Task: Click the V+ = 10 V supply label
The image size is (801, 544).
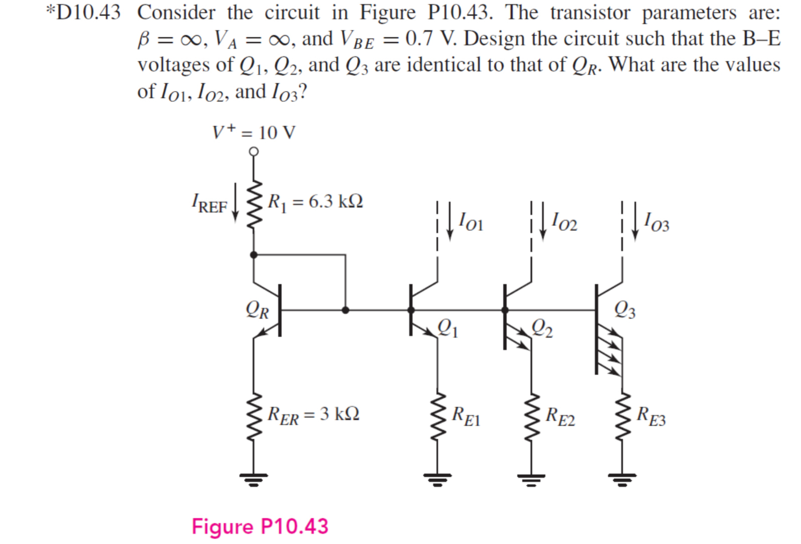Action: click(x=254, y=133)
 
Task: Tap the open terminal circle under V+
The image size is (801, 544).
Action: click(x=254, y=151)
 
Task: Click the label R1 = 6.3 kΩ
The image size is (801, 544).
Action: click(x=315, y=201)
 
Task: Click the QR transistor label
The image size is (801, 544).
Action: click(x=257, y=310)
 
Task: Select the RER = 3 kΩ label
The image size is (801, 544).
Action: click(x=313, y=415)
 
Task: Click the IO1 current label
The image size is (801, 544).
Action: click(x=471, y=221)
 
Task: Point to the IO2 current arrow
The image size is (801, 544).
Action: click(x=543, y=221)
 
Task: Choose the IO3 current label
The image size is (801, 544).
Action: click(x=657, y=221)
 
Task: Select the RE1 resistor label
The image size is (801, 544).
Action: click(x=466, y=416)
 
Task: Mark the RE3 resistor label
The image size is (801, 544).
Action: click(x=651, y=416)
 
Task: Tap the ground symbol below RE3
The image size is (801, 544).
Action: click(x=623, y=479)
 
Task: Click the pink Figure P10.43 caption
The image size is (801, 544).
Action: click(x=260, y=526)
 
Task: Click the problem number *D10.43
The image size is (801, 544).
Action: click(x=84, y=13)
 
